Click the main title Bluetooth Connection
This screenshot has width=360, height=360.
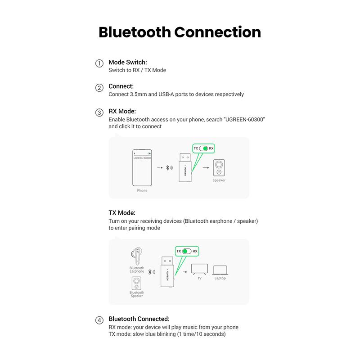pyautogui.click(x=180, y=32)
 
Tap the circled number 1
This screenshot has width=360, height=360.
pyautogui.click(x=99, y=63)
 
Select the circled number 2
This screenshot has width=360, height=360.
pyautogui.click(x=99, y=88)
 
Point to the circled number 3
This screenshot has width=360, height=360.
pyautogui.click(x=99, y=112)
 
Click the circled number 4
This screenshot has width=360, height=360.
pyautogui.click(x=99, y=320)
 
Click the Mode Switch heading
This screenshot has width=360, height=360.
pyautogui.click(x=128, y=62)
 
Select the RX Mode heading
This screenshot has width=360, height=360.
pyautogui.click(x=122, y=111)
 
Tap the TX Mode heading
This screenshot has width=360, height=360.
pyautogui.click(x=121, y=212)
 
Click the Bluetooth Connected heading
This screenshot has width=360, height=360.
pyautogui.click(x=139, y=319)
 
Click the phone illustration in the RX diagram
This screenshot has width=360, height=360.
pyautogui.click(x=142, y=167)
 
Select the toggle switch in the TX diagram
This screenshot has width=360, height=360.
pyautogui.click(x=187, y=251)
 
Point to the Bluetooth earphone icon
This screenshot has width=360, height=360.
pyautogui.click(x=136, y=256)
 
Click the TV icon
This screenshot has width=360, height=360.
pyautogui.click(x=199, y=269)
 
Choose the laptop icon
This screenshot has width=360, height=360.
pyautogui.click(x=220, y=270)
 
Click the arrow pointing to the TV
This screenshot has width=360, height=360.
pyautogui.click(x=184, y=272)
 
